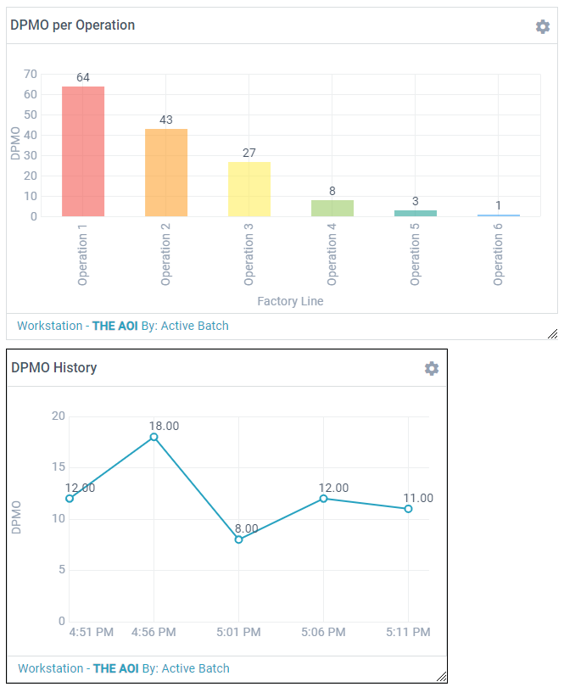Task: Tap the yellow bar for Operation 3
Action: pyautogui.click(x=249, y=188)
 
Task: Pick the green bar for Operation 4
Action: pyautogui.click(x=332, y=208)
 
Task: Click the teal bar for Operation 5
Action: pyautogui.click(x=416, y=213)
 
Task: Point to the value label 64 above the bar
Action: pyautogui.click(x=83, y=77)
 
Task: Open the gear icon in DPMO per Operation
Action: pyautogui.click(x=543, y=26)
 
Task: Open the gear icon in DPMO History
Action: pyautogui.click(x=432, y=368)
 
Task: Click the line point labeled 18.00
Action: pyautogui.click(x=154, y=437)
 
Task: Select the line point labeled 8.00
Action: pyautogui.click(x=238, y=539)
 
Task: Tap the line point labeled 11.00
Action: pyautogui.click(x=408, y=509)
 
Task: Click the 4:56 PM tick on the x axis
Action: pyautogui.click(x=154, y=632)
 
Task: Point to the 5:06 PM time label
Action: pyautogui.click(x=323, y=632)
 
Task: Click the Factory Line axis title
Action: pyautogui.click(x=290, y=301)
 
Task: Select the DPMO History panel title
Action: pyautogui.click(x=53, y=368)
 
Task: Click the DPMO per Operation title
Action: pyautogui.click(x=72, y=25)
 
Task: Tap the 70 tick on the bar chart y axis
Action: pyautogui.click(x=31, y=74)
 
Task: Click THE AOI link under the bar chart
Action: pyautogui.click(x=114, y=326)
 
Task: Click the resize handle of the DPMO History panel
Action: pyautogui.click(x=441, y=676)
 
